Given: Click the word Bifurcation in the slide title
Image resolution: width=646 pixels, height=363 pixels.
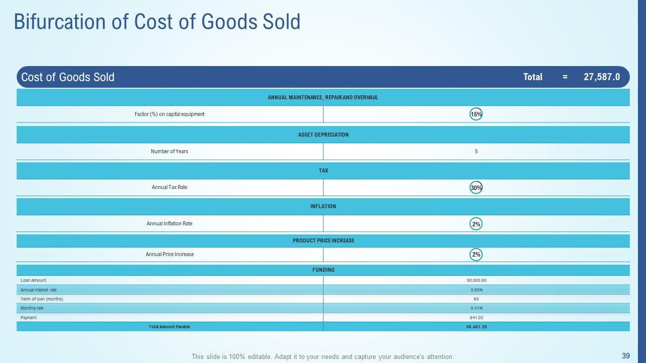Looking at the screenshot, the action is (60, 22).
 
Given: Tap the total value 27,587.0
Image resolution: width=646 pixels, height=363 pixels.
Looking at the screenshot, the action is (602, 77).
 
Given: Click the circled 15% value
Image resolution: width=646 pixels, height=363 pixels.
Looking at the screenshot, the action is (476, 114).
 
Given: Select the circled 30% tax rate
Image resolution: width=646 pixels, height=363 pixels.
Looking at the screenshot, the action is (476, 188).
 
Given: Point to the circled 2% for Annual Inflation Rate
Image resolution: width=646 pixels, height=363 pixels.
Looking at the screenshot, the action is (476, 224).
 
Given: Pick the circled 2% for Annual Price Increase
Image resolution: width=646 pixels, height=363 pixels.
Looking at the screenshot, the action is (476, 255).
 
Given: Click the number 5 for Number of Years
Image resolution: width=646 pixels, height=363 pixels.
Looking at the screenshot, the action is (476, 151).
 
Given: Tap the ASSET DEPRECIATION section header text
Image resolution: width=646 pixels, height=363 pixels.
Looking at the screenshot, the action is (324, 135).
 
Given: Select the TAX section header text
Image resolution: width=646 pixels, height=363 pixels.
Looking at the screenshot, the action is (324, 170).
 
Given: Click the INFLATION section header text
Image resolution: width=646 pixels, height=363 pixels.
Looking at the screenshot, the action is (324, 206).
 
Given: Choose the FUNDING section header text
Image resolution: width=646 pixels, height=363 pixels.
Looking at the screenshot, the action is (324, 270).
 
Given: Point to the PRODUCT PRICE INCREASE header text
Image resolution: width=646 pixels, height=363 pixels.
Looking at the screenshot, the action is (324, 240).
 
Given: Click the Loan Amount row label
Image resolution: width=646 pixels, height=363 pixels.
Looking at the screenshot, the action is (33, 280).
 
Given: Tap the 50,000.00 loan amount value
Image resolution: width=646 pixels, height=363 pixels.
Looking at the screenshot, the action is (476, 280).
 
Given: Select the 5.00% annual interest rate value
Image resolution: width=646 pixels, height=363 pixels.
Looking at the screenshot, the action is (476, 290).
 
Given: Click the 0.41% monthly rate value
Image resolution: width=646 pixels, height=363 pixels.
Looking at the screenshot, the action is (476, 308).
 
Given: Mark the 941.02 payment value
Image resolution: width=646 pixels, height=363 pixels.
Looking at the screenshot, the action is (476, 318).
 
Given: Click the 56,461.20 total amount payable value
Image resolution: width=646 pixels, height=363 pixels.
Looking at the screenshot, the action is (476, 327).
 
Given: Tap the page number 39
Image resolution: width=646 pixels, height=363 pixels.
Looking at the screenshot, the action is (625, 355).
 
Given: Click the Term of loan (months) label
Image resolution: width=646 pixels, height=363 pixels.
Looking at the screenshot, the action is (42, 299).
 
